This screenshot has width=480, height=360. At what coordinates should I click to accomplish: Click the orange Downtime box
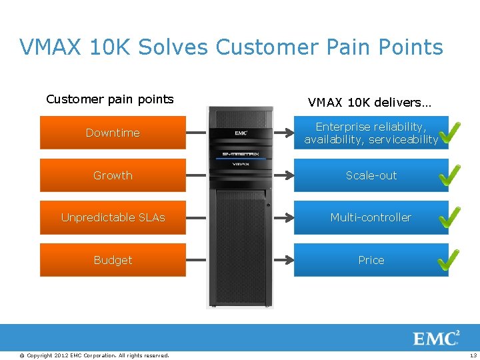(113, 133)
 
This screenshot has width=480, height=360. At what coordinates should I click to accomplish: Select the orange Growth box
(113, 175)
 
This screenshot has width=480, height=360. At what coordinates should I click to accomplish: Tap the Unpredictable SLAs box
(113, 217)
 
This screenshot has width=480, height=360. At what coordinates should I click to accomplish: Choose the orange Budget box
(113, 260)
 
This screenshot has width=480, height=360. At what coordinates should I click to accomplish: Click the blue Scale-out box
(371, 175)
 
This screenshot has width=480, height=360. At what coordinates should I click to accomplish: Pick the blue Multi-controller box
(371, 217)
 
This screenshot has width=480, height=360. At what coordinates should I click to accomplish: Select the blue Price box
(371, 260)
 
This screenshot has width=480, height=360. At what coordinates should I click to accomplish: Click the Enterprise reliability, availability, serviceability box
(371, 133)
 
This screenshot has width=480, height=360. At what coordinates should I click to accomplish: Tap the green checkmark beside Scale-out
(449, 175)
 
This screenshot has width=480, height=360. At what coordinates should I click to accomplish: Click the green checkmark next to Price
(449, 259)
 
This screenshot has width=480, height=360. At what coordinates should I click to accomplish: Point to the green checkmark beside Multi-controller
(449, 217)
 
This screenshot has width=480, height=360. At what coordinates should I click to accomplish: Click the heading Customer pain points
(110, 99)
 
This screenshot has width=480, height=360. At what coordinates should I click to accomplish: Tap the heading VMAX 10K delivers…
(369, 103)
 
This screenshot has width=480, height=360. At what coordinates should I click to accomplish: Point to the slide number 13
(473, 355)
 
